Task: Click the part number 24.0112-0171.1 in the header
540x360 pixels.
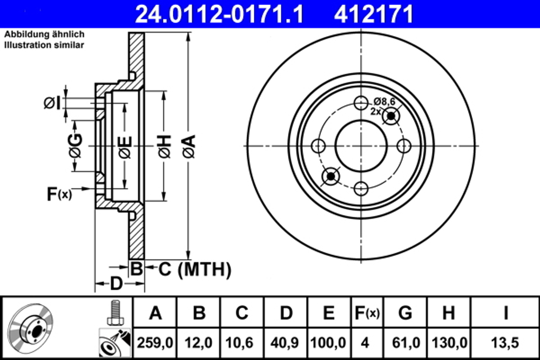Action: pos(219,13)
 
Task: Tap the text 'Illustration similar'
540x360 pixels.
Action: pos(44,45)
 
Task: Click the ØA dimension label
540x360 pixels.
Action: pos(189,146)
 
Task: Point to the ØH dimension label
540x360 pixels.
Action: pos(165,146)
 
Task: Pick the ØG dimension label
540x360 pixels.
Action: pos(75,146)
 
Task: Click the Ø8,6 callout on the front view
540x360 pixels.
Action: pos(384,101)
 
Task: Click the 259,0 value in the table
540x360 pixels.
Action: pos(156,342)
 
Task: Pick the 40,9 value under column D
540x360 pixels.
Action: pos(286,342)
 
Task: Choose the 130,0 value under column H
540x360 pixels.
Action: pos(449,342)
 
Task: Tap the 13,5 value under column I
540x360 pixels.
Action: pos(505,342)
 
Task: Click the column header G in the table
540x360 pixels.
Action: pos(405,313)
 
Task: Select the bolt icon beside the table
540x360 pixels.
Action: pos(113,313)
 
